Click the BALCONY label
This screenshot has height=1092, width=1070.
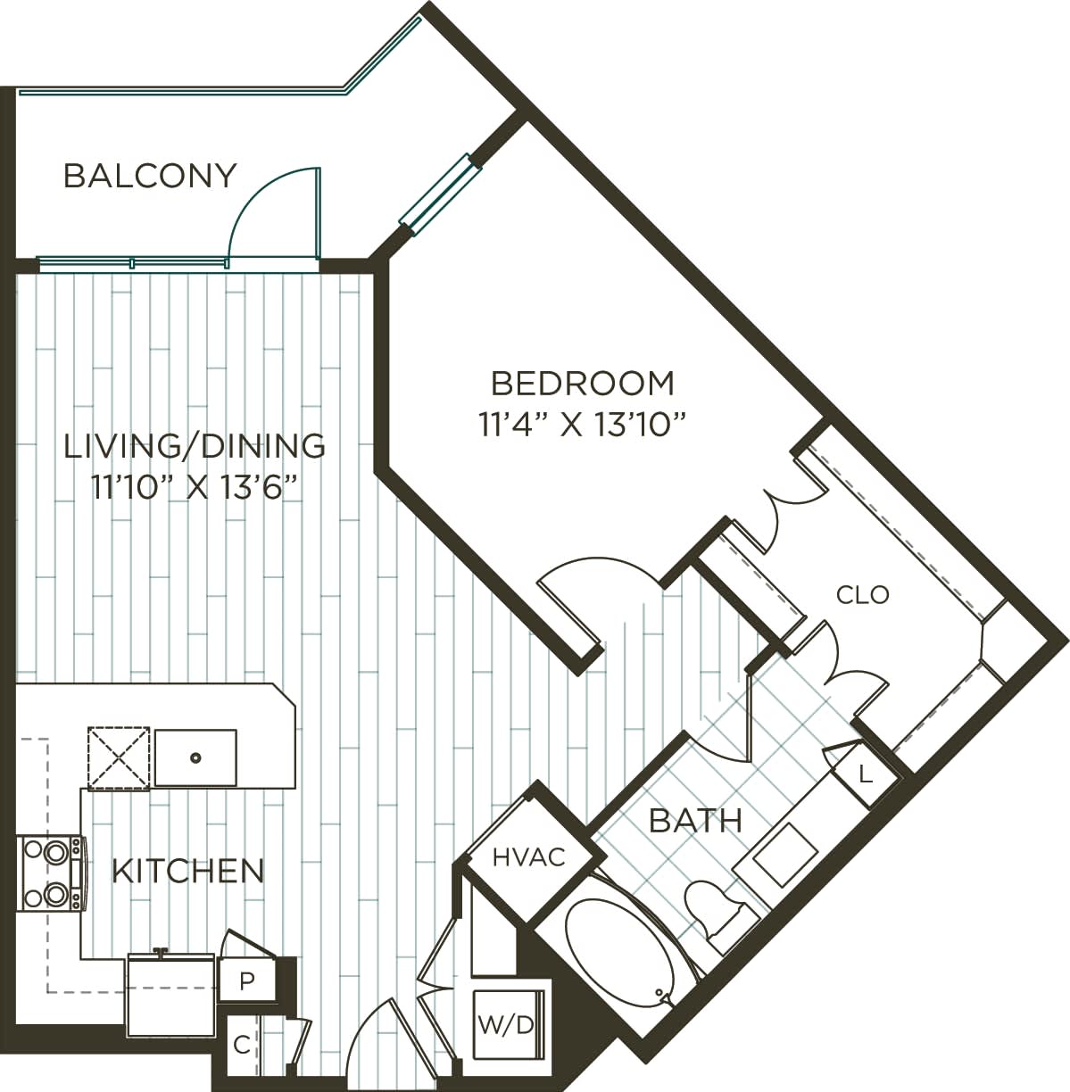click(150, 176)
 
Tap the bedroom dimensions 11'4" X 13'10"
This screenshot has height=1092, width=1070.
click(583, 425)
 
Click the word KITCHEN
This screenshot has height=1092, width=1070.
click(188, 871)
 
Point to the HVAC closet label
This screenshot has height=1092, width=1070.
click(530, 857)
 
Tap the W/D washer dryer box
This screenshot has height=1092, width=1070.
click(506, 1024)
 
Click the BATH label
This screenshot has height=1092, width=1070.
click(695, 820)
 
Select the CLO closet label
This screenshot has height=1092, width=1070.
click(862, 594)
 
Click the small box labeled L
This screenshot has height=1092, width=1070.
click(864, 774)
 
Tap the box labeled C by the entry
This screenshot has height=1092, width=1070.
click(241, 1045)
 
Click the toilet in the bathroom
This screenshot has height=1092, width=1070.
click(717, 910)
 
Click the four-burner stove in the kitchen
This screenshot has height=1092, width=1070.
click(51, 873)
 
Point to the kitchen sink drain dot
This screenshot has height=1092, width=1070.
click(195, 757)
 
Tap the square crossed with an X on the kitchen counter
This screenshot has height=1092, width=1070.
click(118, 757)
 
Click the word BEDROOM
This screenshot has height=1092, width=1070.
click(583, 384)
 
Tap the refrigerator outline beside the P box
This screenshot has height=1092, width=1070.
click(171, 995)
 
